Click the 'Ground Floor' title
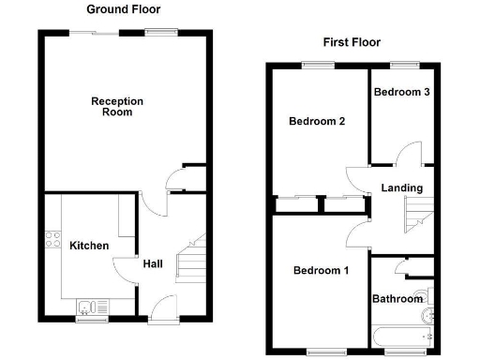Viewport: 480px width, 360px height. [123, 9]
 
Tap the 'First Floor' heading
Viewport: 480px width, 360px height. [352, 42]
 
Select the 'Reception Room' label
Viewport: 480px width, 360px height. [118, 106]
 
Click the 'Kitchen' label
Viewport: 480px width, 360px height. [89, 246]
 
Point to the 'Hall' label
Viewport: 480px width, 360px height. [152, 264]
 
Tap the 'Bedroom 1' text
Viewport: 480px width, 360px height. [321, 271]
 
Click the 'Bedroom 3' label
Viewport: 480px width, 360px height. [401, 92]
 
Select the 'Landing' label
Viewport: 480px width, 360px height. [401, 188]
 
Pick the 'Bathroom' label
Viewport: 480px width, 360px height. [398, 300]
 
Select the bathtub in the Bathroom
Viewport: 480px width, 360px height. [401, 335]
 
